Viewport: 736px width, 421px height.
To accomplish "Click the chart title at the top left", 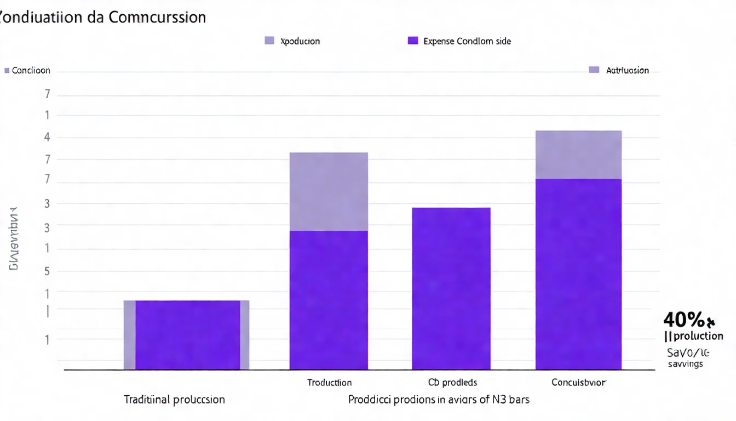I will click(103, 17).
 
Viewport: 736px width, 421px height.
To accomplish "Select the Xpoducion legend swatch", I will click(269, 41).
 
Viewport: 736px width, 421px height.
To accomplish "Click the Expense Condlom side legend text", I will click(467, 41).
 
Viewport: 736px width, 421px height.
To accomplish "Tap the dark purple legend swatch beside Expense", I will click(413, 41).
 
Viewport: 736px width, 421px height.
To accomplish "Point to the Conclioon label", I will click(31, 70).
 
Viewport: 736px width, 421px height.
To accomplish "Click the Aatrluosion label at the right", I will click(627, 70).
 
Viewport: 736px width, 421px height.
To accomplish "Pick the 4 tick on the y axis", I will click(47, 137).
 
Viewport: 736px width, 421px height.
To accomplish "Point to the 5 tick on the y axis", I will click(47, 271).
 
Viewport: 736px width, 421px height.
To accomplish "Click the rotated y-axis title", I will click(13, 238).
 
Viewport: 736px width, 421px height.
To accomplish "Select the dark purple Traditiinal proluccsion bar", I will click(187, 334).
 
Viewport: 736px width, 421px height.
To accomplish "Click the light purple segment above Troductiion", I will click(329, 191).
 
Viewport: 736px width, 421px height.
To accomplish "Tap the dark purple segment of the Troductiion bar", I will click(329, 300).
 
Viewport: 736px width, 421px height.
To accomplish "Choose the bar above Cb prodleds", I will click(451, 288).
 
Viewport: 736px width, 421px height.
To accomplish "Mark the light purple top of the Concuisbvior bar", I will click(578, 155).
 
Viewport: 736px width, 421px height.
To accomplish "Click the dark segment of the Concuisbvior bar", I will click(578, 274).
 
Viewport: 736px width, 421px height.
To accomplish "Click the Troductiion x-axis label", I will click(329, 383).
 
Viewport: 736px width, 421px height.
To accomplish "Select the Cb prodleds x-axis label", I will click(452, 383).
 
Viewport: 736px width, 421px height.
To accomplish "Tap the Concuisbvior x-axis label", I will click(579, 383).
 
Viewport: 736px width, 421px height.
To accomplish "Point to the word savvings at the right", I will click(685, 364).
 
